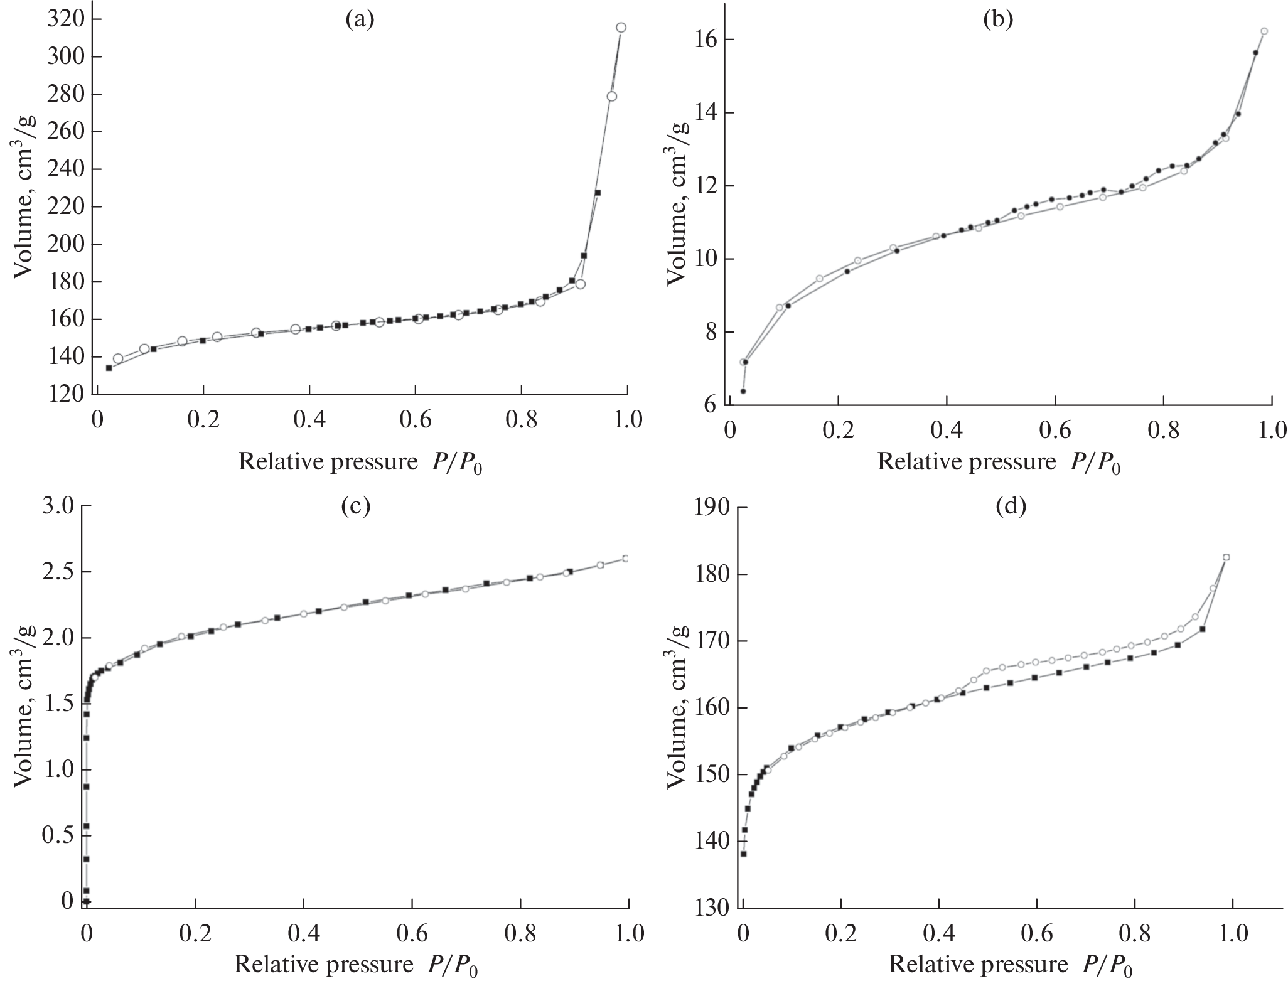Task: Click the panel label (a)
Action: point(360,20)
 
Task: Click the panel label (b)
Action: point(998,20)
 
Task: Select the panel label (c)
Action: point(356,506)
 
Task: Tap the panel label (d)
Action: point(1011,506)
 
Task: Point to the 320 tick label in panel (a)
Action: point(66,20)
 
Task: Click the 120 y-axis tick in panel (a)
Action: point(66,394)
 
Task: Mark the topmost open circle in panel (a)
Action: point(621,28)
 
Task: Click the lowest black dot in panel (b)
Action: point(743,391)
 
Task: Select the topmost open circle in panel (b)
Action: point(1264,31)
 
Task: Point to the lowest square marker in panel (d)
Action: point(743,854)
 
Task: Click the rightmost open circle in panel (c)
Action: point(625,559)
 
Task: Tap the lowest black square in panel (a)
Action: point(109,368)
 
